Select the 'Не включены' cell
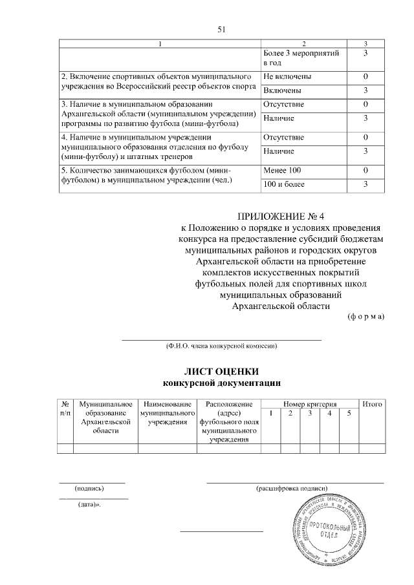pyautogui.click(x=287, y=77)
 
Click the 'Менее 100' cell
pyautogui.click(x=283, y=170)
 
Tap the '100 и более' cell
pyautogui.click(x=285, y=185)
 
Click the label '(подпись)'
pyautogui.click(x=91, y=489)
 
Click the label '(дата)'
pyautogui.click(x=91, y=504)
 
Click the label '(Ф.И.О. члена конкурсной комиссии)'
pyautogui.click(x=222, y=346)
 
